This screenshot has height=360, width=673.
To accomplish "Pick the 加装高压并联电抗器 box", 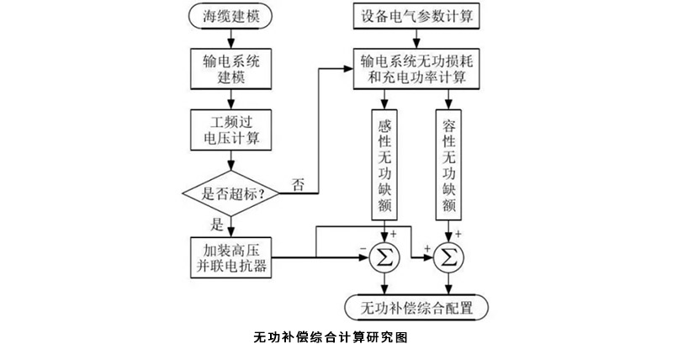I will click(232, 257).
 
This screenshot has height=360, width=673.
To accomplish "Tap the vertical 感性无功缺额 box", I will click(387, 164).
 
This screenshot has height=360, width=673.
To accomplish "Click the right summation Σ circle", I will click(449, 257).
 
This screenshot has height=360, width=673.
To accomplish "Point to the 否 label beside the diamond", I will click(298, 183).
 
